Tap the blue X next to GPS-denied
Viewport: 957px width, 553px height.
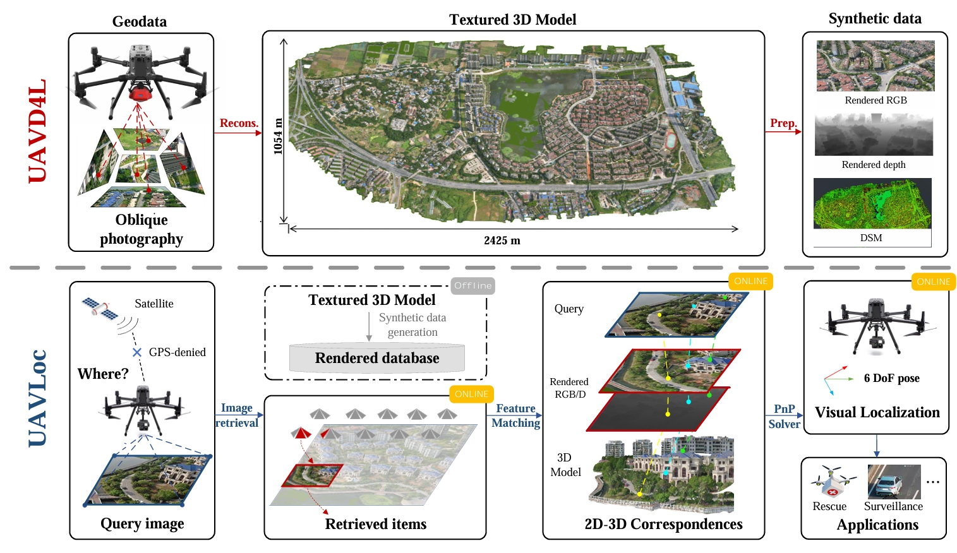point(136,352)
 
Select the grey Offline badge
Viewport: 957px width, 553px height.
point(472,285)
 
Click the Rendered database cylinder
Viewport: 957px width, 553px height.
point(377,358)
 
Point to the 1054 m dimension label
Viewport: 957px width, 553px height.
point(278,136)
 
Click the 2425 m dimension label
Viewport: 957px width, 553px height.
point(502,241)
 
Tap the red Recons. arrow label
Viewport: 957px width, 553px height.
point(239,123)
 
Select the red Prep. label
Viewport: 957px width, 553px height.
point(783,123)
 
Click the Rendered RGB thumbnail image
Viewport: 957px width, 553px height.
point(875,66)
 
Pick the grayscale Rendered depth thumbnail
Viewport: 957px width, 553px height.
point(874,135)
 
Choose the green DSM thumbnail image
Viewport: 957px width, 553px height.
point(872,203)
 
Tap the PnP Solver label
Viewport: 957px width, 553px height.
point(784,417)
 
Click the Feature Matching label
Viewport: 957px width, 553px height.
point(515,416)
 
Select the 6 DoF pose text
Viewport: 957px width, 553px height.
point(891,378)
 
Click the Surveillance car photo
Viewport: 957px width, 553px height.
point(893,481)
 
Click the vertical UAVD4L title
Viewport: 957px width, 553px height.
point(37,131)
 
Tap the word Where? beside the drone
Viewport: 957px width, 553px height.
point(103,374)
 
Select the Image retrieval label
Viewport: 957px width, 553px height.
point(237,415)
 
